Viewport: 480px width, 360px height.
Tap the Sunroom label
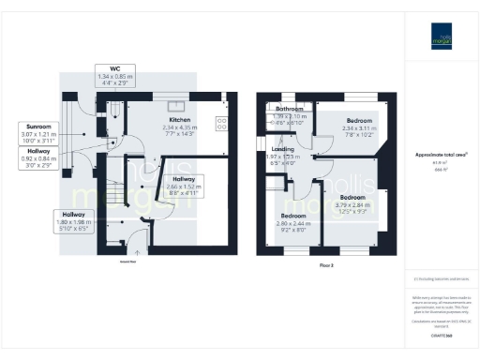[x=39, y=125]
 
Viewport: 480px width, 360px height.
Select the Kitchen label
[x=180, y=121]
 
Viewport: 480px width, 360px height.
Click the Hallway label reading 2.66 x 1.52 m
[x=184, y=178]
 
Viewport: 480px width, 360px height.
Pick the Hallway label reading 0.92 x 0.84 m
[x=39, y=151]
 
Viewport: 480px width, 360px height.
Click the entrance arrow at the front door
[x=137, y=250]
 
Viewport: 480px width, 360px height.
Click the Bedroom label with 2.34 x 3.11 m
[x=359, y=122]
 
